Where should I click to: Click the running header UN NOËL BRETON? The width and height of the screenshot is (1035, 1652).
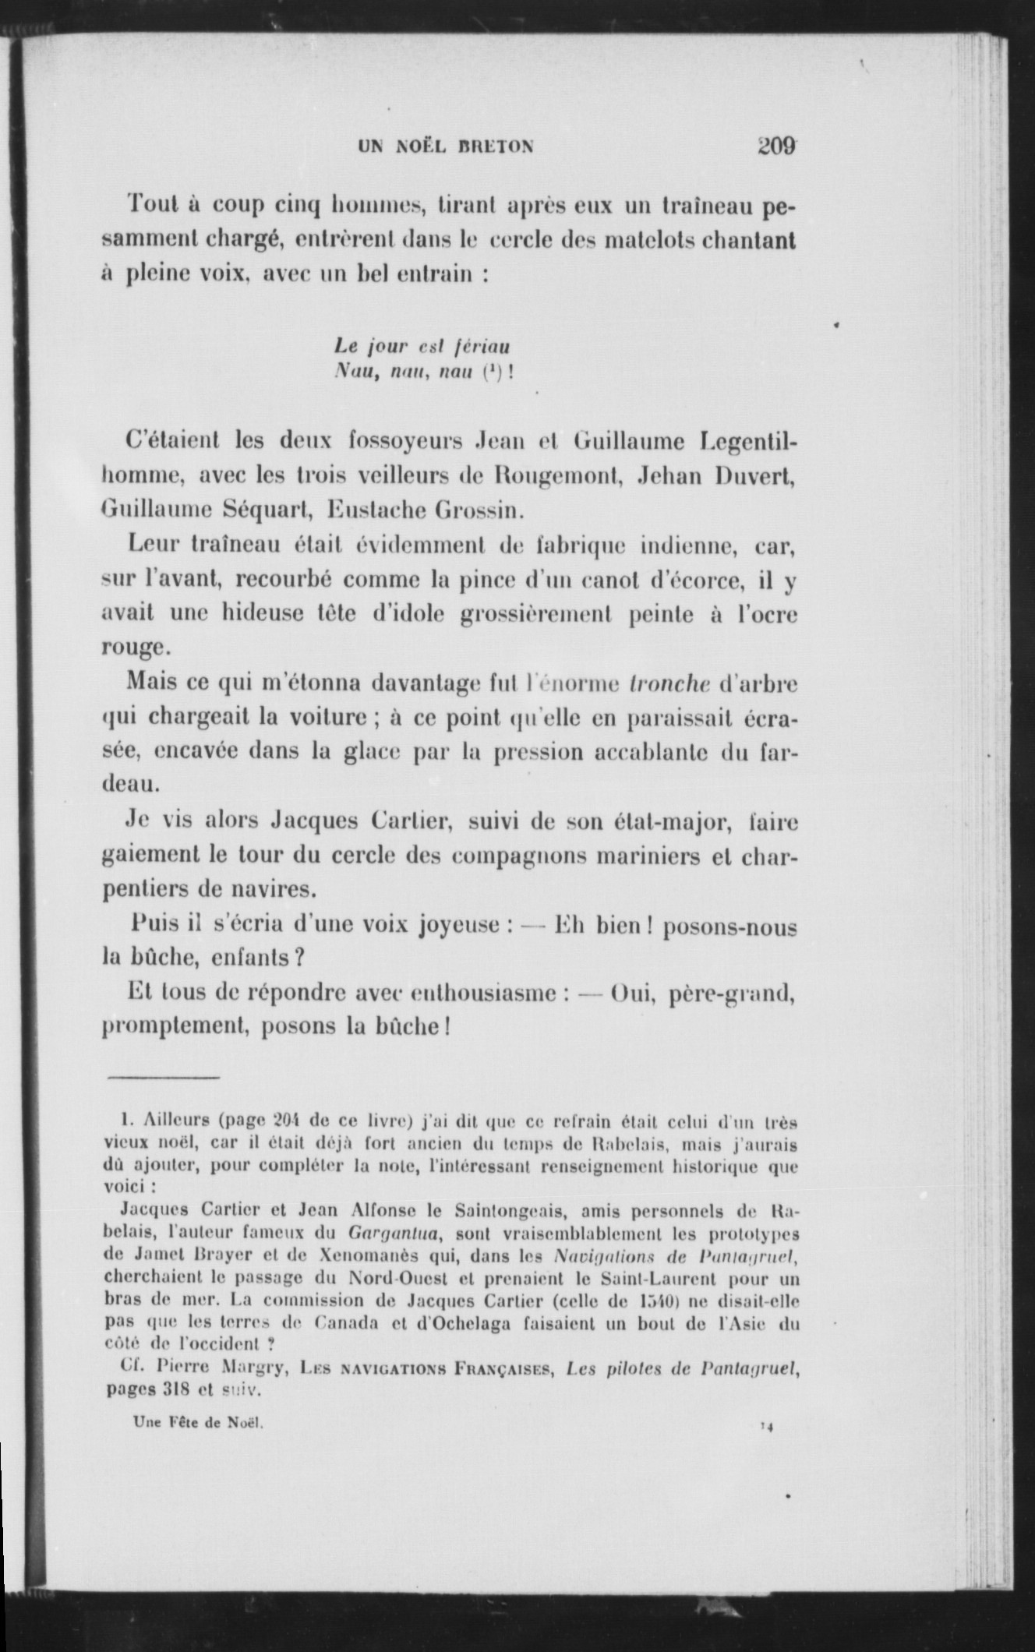tap(446, 146)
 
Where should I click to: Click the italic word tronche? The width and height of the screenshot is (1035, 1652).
tap(669, 683)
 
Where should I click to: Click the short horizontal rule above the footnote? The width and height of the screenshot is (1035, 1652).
tap(164, 1078)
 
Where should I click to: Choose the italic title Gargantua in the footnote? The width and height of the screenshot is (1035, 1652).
tap(394, 1234)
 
